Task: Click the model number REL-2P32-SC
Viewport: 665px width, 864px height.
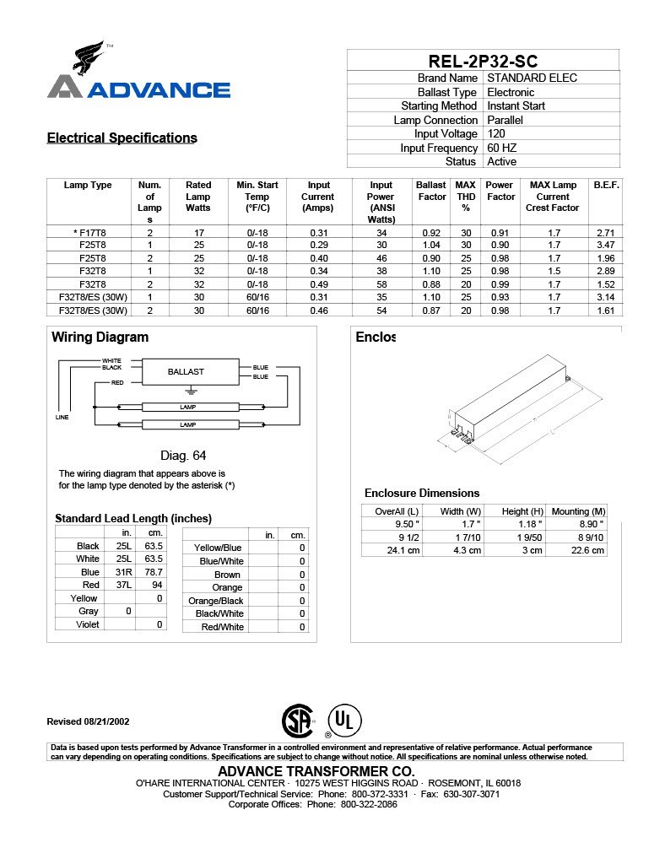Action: click(483, 61)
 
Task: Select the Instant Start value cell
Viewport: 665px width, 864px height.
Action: click(516, 106)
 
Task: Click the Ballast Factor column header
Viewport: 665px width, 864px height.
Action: click(431, 191)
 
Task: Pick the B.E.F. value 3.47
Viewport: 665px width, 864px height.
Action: click(605, 245)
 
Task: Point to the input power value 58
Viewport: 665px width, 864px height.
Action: click(381, 285)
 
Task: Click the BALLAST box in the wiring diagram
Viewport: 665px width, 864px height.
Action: click(186, 371)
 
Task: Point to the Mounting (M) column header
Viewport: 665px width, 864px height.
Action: click(578, 511)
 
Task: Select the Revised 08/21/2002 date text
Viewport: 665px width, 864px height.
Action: click(88, 721)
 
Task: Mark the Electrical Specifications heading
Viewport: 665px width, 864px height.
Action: click(122, 138)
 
